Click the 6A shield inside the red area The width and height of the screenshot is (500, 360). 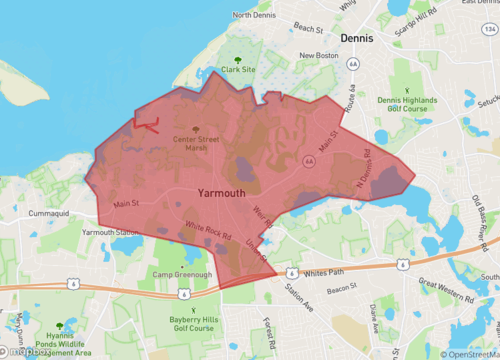[x=309, y=161]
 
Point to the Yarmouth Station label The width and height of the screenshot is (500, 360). [x=111, y=232]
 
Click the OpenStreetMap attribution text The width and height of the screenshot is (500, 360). [x=467, y=353]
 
